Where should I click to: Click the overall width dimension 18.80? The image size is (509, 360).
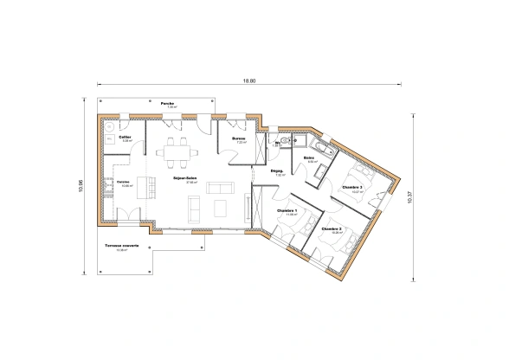point(249,80)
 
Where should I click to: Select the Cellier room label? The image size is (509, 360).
point(126,137)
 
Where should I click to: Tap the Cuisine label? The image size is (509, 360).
point(124,183)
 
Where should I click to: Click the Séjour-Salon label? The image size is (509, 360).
point(184,178)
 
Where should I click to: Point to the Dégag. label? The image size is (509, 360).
point(278,171)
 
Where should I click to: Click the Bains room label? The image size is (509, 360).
point(308,158)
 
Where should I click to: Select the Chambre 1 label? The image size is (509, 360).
point(286,210)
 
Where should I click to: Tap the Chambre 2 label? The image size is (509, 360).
point(332,228)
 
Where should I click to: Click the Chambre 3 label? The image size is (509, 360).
point(351,187)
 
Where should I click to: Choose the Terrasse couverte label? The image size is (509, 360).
point(122,246)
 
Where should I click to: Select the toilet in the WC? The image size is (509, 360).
point(285,139)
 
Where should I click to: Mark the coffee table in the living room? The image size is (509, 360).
point(220,206)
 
